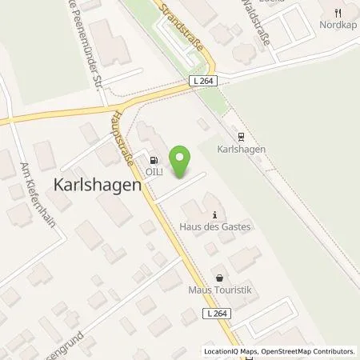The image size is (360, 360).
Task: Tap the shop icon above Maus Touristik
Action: pos(214,275)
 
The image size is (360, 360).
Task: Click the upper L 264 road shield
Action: pos(202,80)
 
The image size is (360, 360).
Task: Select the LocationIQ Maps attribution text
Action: pos(230,351)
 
